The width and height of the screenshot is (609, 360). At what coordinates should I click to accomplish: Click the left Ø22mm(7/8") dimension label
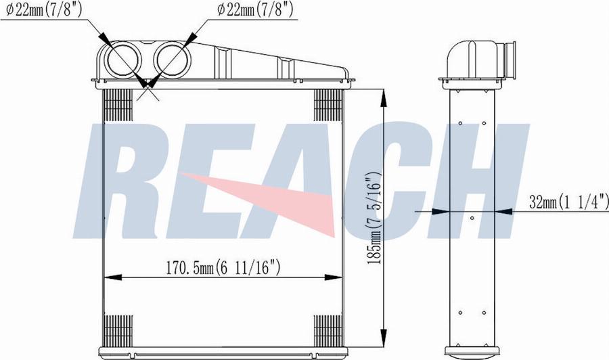click(44, 10)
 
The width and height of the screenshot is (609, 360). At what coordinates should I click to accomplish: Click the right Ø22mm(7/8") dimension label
click(255, 10)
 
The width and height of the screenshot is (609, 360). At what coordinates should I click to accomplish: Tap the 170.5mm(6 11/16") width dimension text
click(223, 268)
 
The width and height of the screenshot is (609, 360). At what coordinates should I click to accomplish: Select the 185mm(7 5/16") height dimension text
click(375, 218)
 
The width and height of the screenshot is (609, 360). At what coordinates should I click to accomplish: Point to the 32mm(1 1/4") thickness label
click(568, 201)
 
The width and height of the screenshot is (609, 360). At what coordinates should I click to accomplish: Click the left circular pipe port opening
click(122, 60)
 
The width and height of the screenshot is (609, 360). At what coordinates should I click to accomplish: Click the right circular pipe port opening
click(173, 60)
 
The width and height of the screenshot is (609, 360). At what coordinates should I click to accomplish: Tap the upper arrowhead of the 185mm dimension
click(384, 99)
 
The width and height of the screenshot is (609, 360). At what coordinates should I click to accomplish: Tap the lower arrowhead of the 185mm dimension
click(384, 338)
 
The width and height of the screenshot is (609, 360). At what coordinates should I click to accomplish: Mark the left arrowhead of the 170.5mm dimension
click(113, 277)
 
